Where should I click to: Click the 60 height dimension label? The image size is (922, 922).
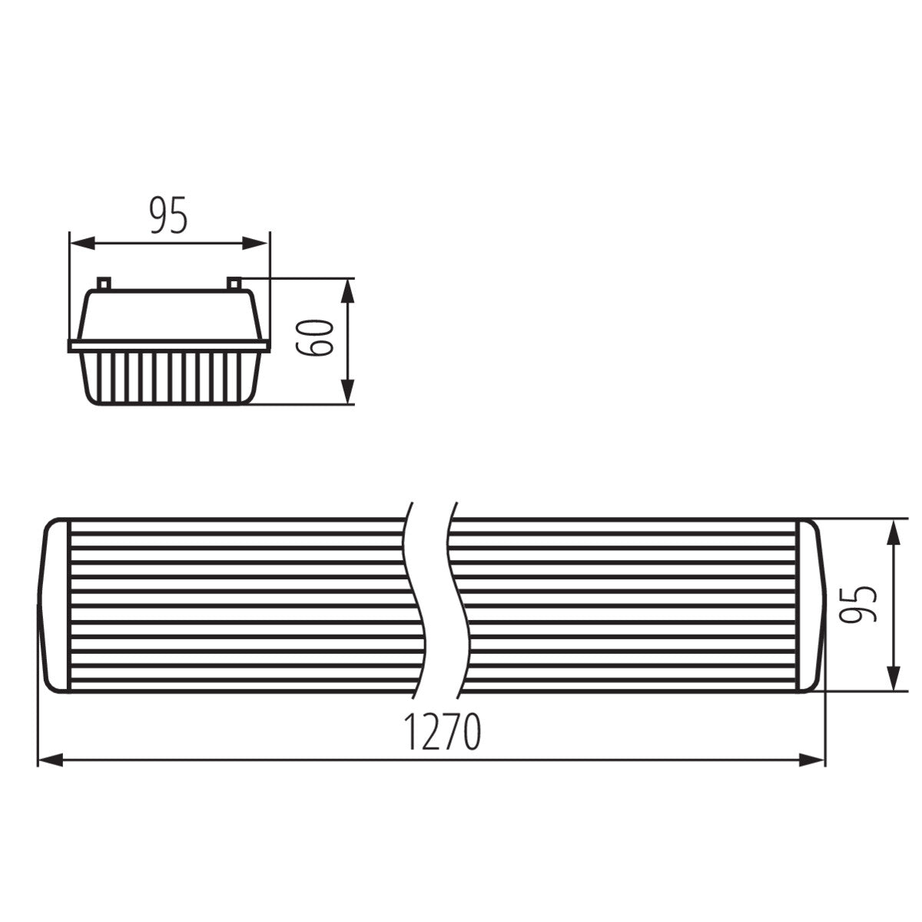click(316, 337)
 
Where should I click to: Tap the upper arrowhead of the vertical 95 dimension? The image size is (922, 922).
click(894, 532)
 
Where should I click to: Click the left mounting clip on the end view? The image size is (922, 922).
click(105, 284)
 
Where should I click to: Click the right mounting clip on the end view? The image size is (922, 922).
click(234, 284)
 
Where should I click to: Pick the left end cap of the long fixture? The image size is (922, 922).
click(56, 605)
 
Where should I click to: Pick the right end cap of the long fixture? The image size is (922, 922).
click(813, 605)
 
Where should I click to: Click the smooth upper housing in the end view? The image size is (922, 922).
click(169, 315)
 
